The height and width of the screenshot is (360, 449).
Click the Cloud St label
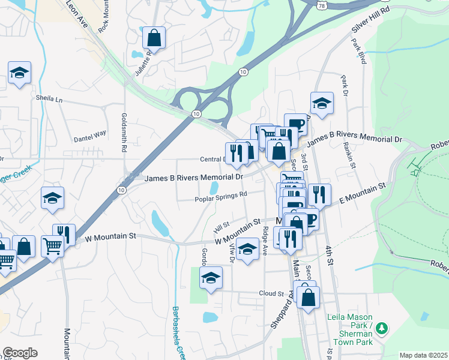click(x=271, y=293)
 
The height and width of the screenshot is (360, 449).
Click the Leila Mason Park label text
click(x=349, y=317)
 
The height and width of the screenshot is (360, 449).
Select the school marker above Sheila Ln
click(x=20, y=73)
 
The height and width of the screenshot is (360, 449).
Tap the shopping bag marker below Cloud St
click(x=308, y=297)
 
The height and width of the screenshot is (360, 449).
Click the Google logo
click(x=20, y=353)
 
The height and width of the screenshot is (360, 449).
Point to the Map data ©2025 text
click(x=423, y=355)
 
